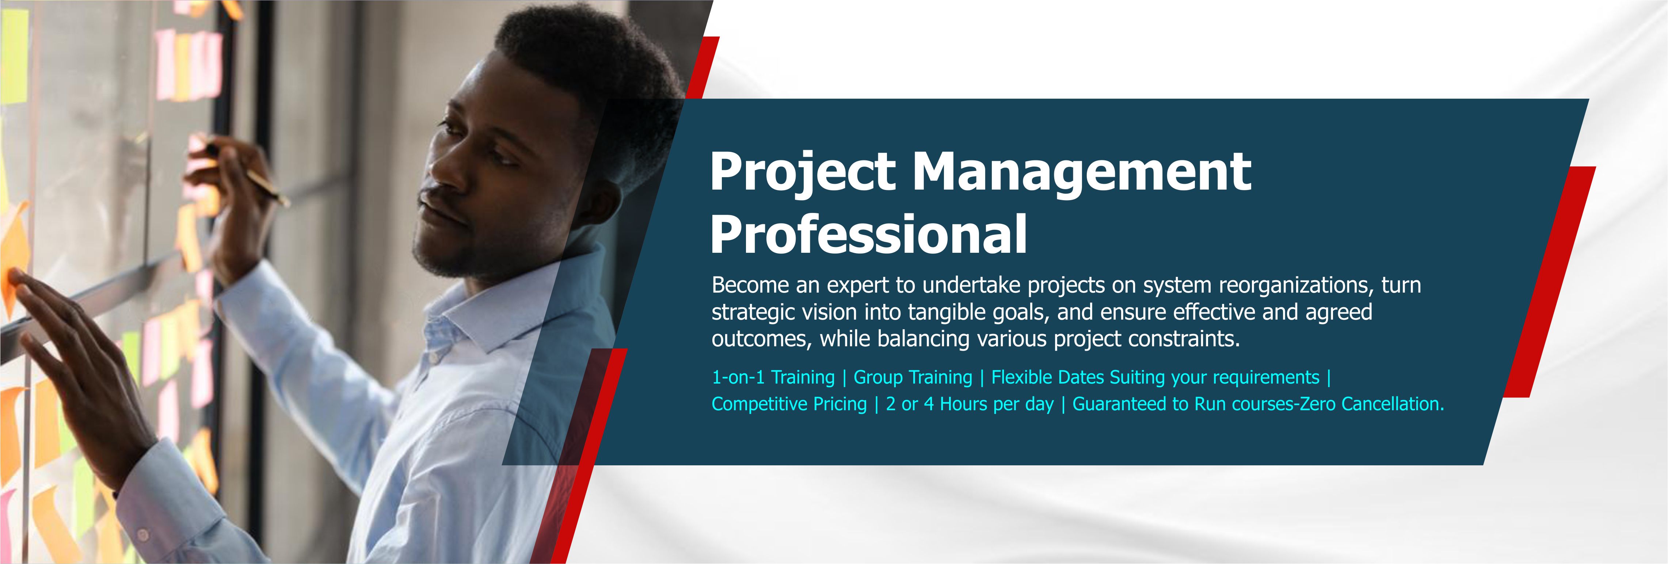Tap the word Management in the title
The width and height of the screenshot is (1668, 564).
pos(1081,173)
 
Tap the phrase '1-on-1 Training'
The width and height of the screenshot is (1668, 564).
pos(773,377)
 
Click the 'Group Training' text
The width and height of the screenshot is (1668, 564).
pos(913,377)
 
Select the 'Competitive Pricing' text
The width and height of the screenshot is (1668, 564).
pos(789,404)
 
